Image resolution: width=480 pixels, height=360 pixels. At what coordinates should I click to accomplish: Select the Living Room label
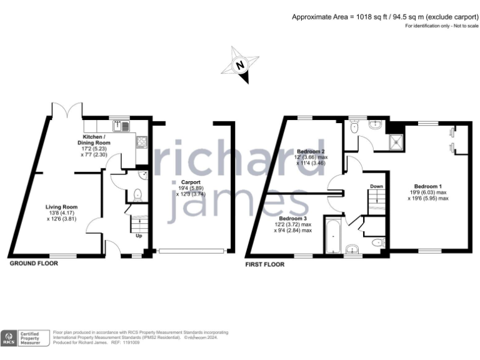[61, 206]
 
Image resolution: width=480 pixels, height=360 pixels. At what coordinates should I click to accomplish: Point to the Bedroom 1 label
[428, 186]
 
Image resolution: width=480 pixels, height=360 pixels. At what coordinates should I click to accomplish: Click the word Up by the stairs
[138, 236]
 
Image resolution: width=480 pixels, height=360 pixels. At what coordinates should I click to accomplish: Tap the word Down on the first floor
[376, 186]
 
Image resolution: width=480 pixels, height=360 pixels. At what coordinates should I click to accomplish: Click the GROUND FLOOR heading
[34, 264]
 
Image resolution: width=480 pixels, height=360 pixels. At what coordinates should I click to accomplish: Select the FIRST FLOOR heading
[266, 264]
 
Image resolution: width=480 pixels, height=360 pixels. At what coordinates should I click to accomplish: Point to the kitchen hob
[142, 143]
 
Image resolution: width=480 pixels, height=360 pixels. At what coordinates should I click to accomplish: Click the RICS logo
[9, 338]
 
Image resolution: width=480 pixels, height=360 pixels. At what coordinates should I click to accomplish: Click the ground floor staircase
[138, 223]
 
